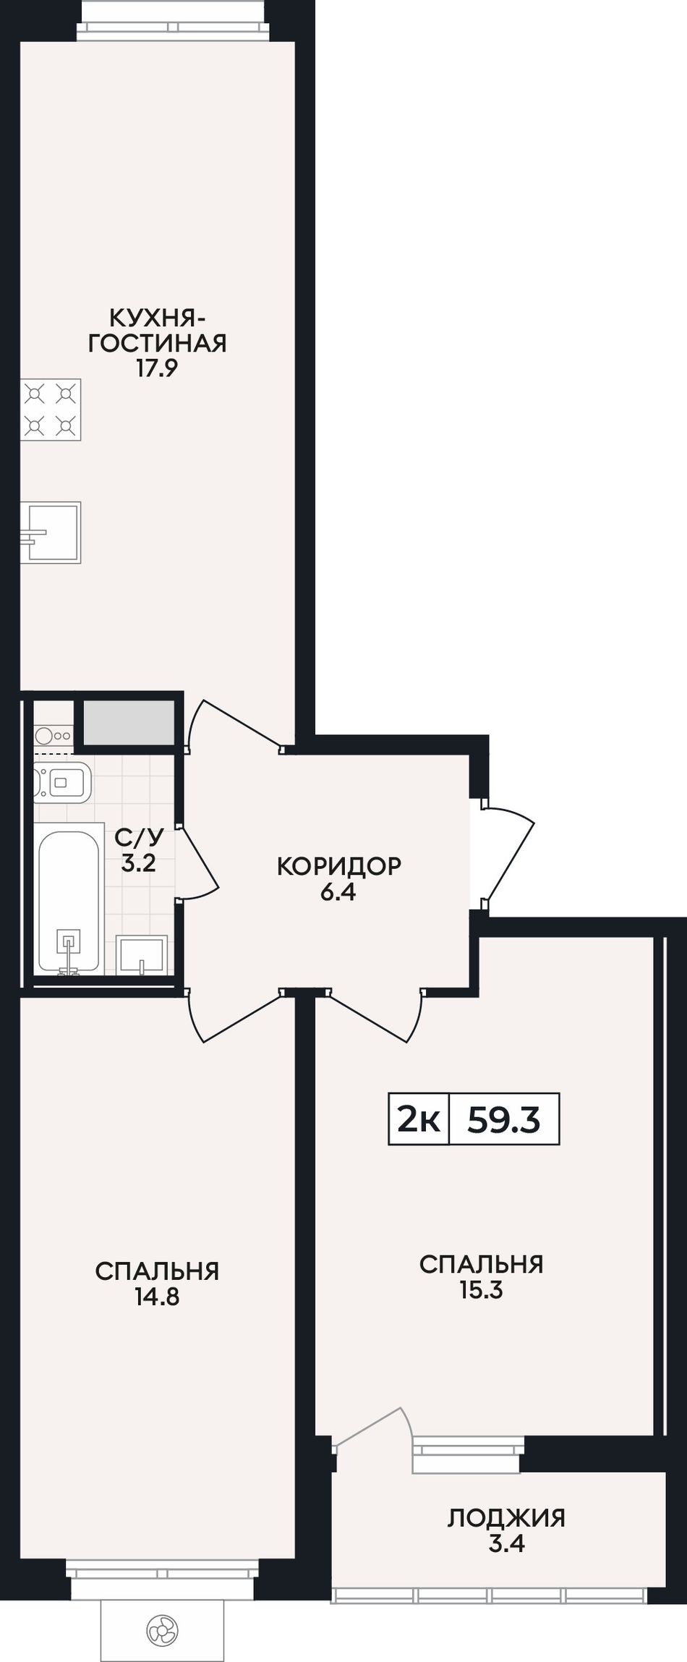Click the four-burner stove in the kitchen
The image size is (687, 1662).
click(51, 410)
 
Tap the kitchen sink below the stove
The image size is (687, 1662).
click(51, 533)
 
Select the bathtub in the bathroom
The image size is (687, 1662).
click(69, 902)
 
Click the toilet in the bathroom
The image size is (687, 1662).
click(62, 782)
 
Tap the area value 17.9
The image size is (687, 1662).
click(158, 368)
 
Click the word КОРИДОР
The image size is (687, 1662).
click(338, 865)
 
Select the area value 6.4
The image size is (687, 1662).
click(338, 892)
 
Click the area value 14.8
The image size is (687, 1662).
click(157, 1297)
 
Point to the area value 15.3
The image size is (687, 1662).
click(481, 1290)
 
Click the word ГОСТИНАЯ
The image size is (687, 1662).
click(158, 342)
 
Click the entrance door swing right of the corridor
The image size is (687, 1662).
click(510, 850)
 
